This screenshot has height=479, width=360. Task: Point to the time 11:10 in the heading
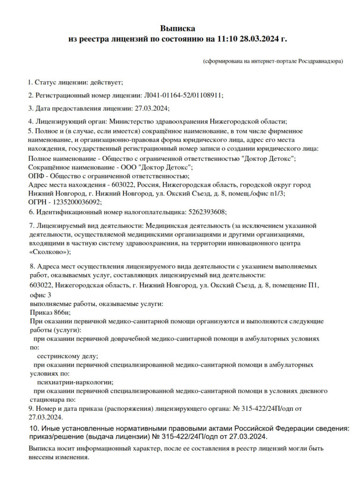point(227,39)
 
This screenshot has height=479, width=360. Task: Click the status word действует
point(108,82)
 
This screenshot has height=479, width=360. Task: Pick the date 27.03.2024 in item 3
point(151,108)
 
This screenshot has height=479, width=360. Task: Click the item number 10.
point(33,428)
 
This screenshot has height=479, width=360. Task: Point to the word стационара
point(45,399)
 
